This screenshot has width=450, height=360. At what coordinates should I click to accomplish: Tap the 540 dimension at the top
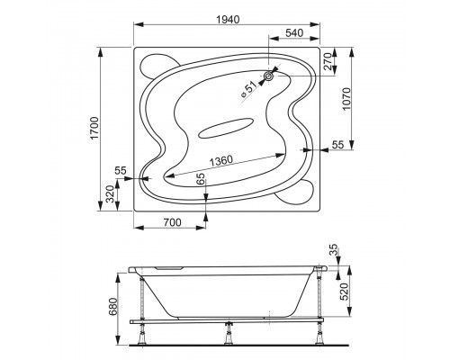point(294,35)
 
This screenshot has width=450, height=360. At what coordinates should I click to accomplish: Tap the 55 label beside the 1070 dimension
point(337,144)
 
